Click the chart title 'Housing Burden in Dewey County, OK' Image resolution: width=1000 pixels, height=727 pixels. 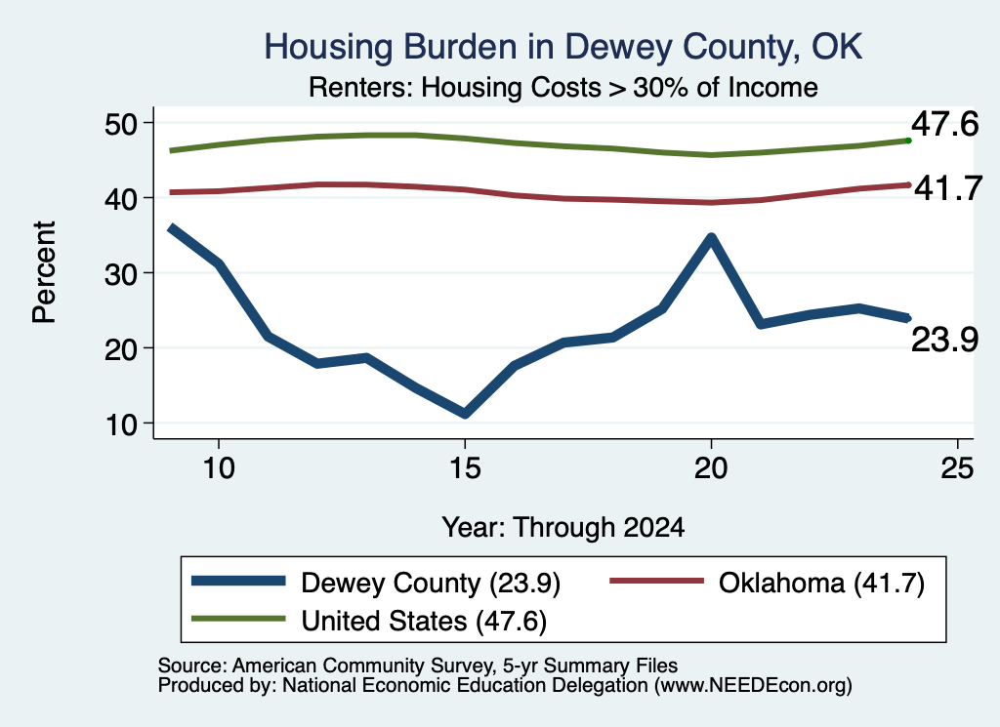[x=563, y=47]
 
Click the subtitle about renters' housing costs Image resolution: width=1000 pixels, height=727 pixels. [x=563, y=87]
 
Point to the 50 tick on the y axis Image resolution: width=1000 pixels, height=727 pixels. [x=121, y=123]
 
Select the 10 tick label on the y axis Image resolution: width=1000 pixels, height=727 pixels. [x=121, y=424]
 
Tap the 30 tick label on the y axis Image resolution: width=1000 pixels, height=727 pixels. [x=121, y=273]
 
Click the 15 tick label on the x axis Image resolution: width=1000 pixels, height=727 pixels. [x=465, y=468]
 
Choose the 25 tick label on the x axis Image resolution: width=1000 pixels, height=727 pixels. [x=957, y=468]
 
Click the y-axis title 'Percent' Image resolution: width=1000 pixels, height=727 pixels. [x=44, y=272]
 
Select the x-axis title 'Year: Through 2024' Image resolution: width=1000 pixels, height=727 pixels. [x=563, y=528]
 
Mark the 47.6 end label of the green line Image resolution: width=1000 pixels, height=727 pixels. [x=944, y=124]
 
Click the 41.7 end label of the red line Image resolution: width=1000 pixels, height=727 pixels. [x=948, y=188]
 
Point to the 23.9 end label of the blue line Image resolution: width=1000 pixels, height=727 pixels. [x=944, y=339]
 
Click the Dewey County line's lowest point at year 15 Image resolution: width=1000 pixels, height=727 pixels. [x=465, y=414]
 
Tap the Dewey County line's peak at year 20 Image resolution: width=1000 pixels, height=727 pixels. [x=711, y=237]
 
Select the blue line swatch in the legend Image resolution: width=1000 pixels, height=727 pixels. [x=238, y=581]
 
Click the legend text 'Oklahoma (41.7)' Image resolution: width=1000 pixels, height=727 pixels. [x=821, y=583]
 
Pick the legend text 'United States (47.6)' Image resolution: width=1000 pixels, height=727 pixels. [x=424, y=621]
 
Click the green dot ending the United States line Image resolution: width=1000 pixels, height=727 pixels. [x=908, y=141]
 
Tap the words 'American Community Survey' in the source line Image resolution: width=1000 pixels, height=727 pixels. [x=362, y=666]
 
